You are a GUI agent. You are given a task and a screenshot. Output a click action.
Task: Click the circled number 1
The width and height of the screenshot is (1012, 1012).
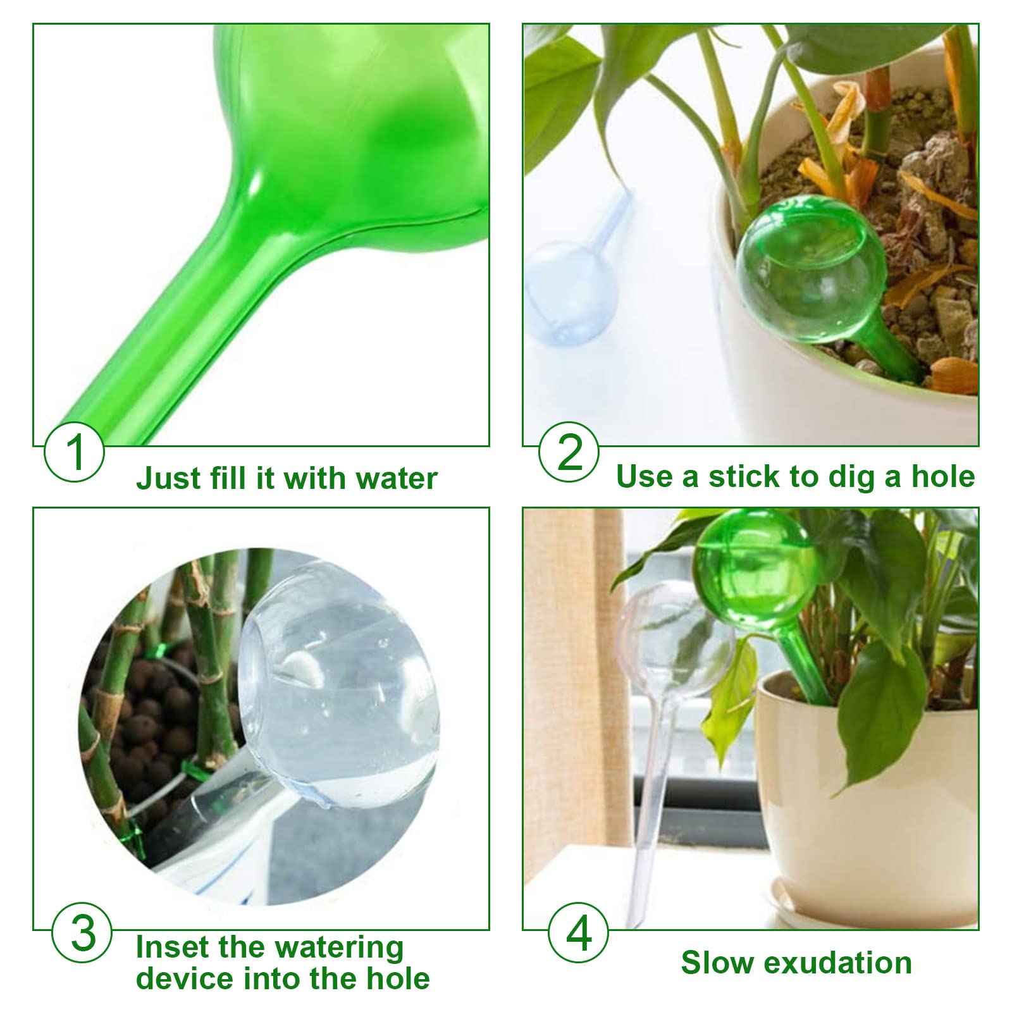(74, 453)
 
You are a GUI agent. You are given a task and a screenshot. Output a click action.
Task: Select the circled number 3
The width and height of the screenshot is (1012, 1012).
(82, 934)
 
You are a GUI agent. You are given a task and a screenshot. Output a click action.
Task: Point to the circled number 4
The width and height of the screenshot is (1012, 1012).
(578, 934)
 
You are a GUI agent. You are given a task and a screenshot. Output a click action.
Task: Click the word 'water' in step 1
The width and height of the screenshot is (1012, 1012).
(397, 478)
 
